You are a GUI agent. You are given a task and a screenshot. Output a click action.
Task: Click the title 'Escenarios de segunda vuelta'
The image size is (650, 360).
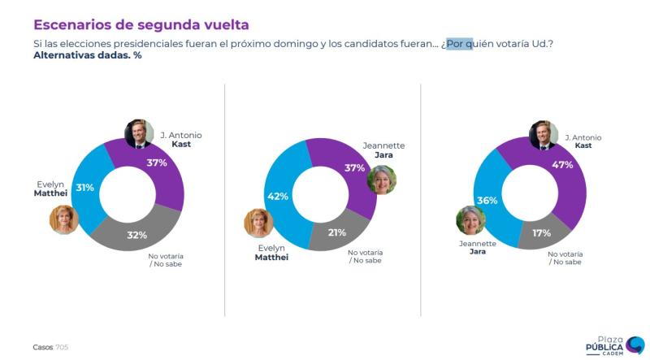(141, 24)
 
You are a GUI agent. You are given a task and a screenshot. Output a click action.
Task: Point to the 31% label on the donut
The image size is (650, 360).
(85, 188)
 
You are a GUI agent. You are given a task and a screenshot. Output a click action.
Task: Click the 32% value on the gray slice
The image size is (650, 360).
(136, 236)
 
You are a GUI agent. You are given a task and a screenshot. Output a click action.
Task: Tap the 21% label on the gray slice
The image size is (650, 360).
(336, 232)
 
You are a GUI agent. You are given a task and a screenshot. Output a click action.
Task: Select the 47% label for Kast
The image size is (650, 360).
(562, 165)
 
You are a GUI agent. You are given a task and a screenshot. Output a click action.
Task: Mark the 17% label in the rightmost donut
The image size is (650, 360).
(541, 233)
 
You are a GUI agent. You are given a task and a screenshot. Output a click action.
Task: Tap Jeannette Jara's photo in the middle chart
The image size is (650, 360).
(381, 180)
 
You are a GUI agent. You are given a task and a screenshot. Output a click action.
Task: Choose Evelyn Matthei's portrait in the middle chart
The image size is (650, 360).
(258, 223)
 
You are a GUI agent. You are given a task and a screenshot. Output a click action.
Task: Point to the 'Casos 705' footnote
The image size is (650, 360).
(50, 347)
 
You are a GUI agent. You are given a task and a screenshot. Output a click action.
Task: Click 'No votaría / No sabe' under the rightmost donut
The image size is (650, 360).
(565, 258)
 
